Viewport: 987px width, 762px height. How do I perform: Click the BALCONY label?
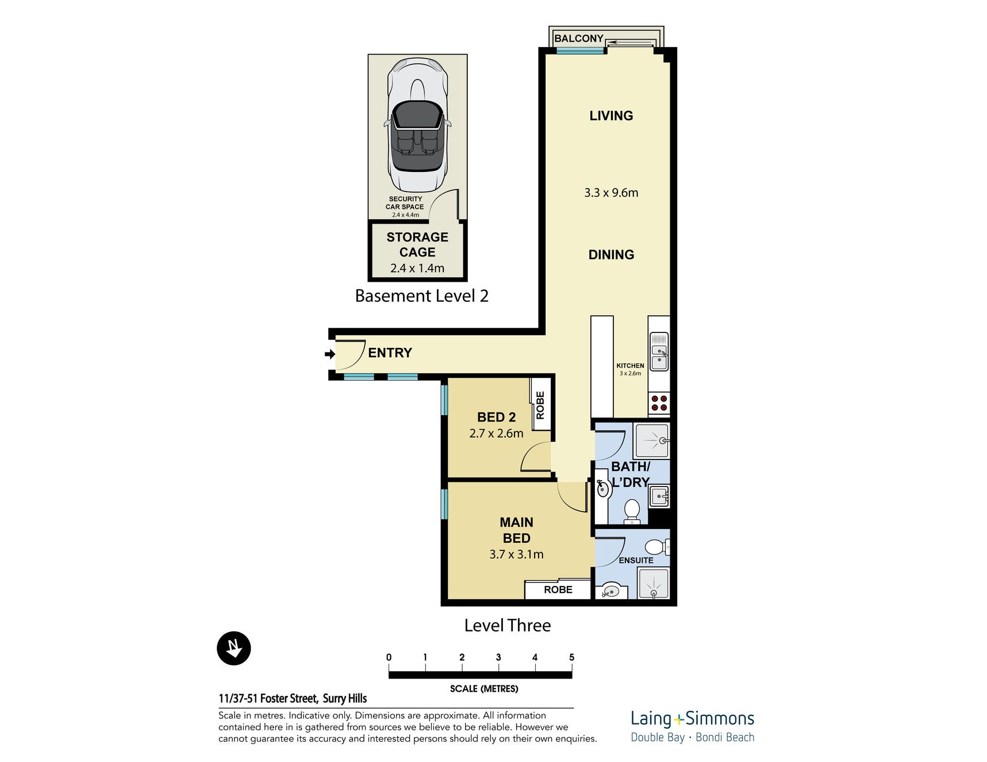tap(578, 39)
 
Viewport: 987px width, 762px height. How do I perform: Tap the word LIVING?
tap(611, 116)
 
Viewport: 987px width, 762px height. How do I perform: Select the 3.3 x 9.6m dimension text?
tap(611, 193)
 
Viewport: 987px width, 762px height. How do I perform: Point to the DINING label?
tap(611, 255)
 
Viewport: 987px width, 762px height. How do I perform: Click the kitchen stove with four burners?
tap(659, 403)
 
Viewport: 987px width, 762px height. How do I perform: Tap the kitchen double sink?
tap(659, 351)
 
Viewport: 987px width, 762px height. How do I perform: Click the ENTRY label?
tap(390, 353)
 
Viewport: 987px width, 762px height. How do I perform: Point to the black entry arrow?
tap(330, 354)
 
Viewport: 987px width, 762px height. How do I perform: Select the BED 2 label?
tap(496, 417)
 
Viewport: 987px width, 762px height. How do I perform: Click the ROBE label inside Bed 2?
tap(540, 405)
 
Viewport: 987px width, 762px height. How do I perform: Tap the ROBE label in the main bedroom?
tap(558, 589)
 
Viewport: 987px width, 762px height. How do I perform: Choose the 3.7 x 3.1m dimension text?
tap(516, 554)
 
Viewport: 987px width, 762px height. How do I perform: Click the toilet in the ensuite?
tap(658, 546)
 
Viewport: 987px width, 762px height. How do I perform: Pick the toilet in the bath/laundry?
tap(632, 511)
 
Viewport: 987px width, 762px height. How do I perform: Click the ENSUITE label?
tap(636, 560)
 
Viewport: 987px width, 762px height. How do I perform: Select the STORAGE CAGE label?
tap(417, 244)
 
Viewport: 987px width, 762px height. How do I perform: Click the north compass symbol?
tap(234, 648)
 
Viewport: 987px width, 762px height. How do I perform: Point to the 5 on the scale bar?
tap(571, 657)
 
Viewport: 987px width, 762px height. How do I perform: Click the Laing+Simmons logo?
tap(692, 726)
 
